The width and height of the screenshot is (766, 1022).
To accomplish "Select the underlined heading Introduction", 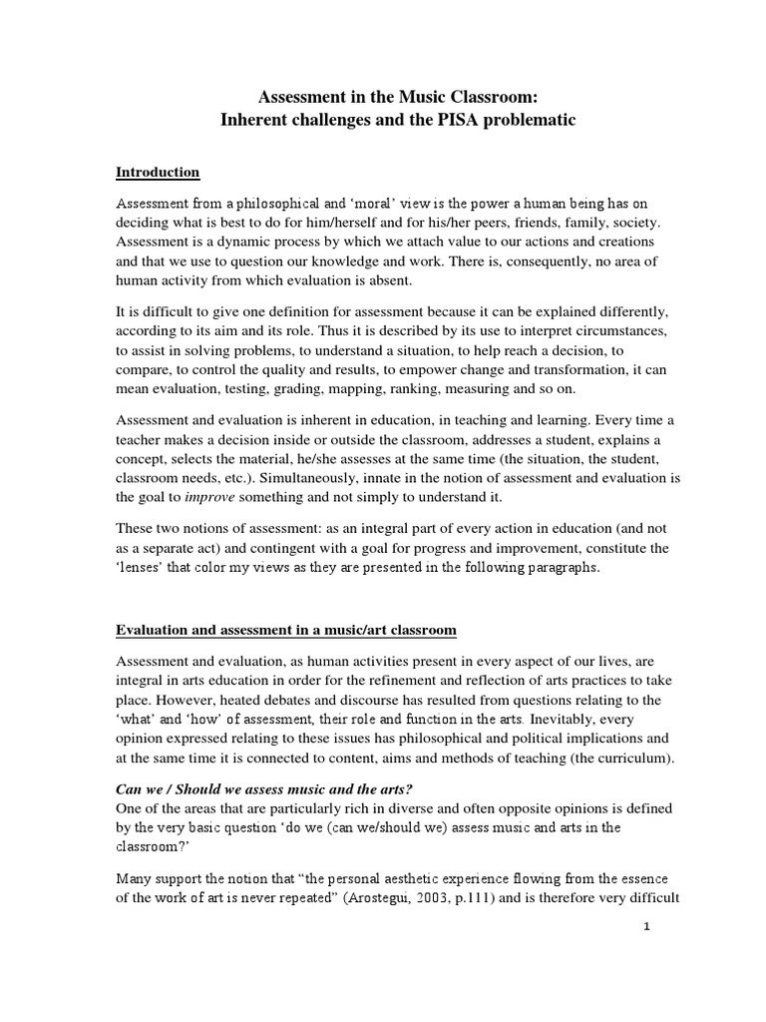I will click(x=158, y=172).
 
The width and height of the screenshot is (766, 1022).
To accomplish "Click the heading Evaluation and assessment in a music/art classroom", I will click(x=286, y=630).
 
